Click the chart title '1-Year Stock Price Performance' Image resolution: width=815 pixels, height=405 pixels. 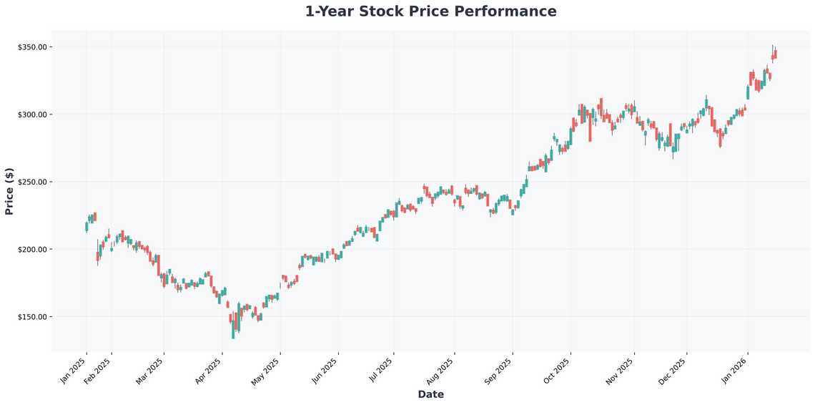pos(430,11)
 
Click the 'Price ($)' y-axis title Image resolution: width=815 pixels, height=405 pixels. pos(9,191)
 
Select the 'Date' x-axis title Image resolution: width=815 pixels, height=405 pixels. pos(430,394)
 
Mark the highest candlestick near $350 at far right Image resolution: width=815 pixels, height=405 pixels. pos(774,54)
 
